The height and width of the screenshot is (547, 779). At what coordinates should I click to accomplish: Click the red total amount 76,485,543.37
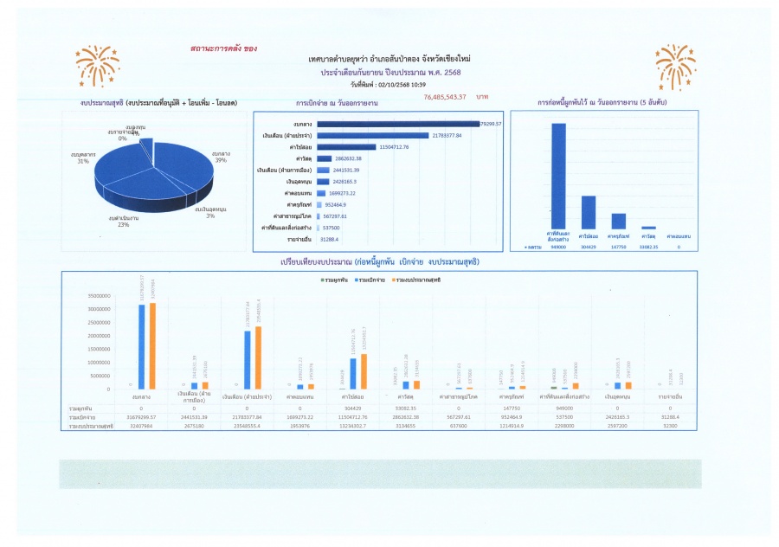[x=445, y=97]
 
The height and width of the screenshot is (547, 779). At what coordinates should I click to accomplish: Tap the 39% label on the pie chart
[x=221, y=156]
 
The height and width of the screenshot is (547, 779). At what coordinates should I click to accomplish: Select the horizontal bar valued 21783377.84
[x=373, y=135]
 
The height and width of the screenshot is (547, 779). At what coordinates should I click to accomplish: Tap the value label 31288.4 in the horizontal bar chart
[x=330, y=239]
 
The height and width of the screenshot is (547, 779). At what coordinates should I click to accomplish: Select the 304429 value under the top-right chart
[x=589, y=248]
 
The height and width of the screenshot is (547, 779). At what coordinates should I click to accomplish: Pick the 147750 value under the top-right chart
[x=619, y=248]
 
